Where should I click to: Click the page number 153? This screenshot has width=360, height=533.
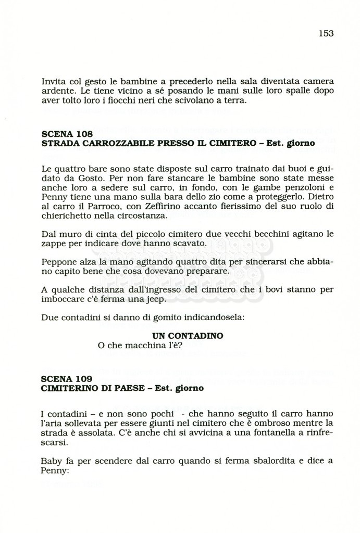[326, 33]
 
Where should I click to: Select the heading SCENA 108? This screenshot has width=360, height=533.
[66, 134]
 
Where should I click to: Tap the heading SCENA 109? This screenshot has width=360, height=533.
[66, 379]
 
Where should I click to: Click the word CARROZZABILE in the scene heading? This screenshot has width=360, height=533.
[110, 143]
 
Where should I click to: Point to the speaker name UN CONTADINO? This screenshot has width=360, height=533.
[188, 336]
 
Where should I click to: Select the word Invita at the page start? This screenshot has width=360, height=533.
[53, 81]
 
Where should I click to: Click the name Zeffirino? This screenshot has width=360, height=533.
[146, 207]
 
